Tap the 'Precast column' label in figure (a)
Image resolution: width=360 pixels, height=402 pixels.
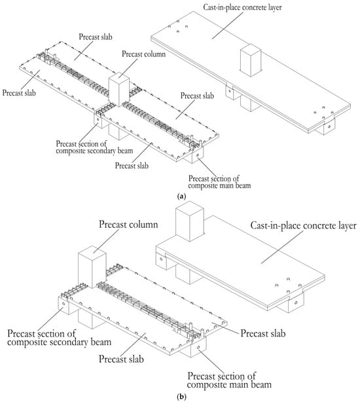143,54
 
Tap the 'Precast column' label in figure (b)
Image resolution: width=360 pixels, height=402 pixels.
128,225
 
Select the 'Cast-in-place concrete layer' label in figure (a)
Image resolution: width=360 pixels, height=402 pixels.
242,7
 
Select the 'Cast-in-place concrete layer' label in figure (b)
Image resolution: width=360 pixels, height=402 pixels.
303,226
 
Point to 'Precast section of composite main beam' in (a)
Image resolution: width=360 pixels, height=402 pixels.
219,181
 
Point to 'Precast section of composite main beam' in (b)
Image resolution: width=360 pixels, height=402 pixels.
229,380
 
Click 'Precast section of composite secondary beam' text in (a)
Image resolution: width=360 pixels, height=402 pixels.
94,147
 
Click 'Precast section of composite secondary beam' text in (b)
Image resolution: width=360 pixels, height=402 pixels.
59,338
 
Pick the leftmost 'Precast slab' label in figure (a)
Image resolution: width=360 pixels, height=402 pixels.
19,92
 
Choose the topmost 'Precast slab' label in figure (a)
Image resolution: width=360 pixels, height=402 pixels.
96,37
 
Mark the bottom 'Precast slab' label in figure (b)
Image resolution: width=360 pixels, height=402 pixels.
121,359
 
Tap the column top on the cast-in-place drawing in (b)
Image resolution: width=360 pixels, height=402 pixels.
190,208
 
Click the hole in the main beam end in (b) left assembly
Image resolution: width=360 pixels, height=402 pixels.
198,347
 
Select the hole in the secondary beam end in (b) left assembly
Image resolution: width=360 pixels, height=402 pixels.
63,304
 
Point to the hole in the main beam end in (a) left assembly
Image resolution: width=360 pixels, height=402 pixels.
197,155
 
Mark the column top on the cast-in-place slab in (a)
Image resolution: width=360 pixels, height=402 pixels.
251,49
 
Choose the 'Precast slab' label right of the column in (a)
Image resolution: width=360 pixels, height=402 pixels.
197,96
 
